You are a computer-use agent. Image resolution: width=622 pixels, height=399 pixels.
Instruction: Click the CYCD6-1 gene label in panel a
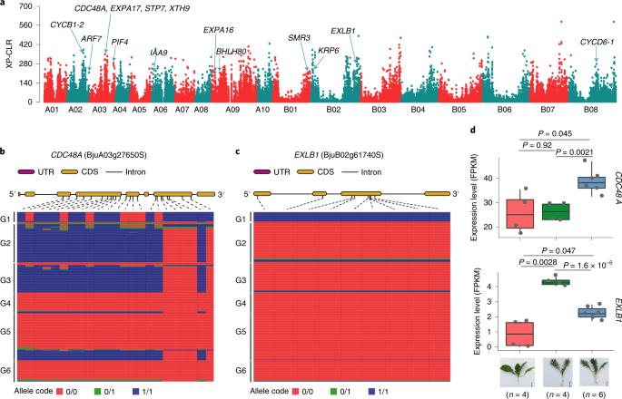coord(597,42)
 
